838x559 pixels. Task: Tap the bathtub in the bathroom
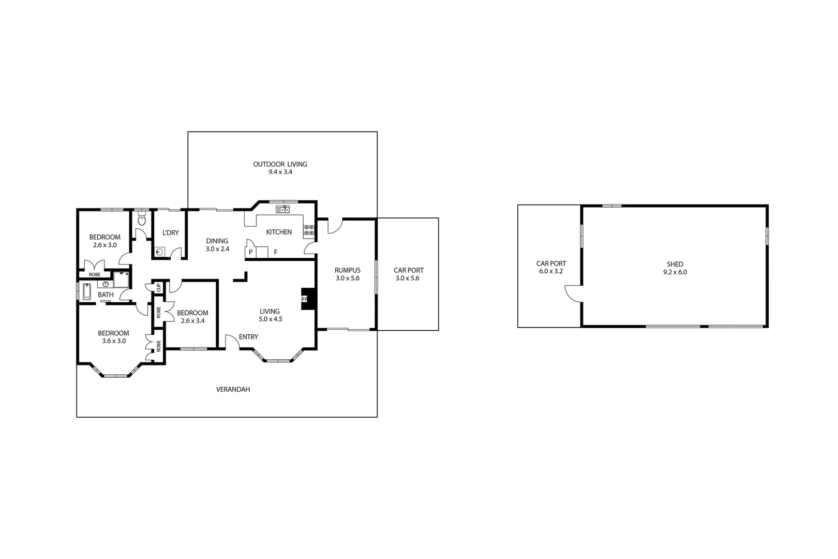(87, 292)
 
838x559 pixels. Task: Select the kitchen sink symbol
(282, 209)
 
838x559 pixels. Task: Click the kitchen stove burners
(309, 230)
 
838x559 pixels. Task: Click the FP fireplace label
(305, 299)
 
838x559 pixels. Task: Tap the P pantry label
(251, 252)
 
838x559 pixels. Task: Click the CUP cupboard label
(159, 287)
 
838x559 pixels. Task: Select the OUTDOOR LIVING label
(280, 164)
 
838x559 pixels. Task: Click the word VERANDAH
(233, 389)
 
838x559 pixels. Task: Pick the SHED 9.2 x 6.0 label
(675, 268)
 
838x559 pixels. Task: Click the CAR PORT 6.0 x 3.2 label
(551, 267)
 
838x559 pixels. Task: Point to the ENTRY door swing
(231, 341)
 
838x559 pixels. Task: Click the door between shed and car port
(573, 293)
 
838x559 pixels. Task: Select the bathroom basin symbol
(106, 284)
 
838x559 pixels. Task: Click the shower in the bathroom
(122, 279)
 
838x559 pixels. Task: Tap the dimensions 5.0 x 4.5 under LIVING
(270, 319)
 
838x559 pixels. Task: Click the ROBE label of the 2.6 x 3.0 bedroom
(94, 274)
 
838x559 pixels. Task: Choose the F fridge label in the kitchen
(276, 252)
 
